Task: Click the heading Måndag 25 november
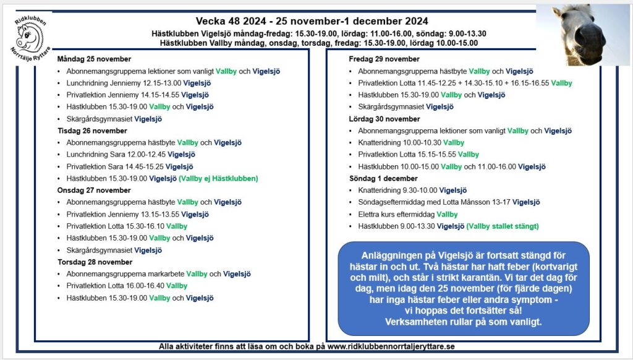94,59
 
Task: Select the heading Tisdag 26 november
92,131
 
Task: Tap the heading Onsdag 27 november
94,191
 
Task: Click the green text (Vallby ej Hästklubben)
218,179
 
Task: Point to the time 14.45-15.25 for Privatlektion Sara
140,167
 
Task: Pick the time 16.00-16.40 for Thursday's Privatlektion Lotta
143,286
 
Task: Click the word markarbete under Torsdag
165,274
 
